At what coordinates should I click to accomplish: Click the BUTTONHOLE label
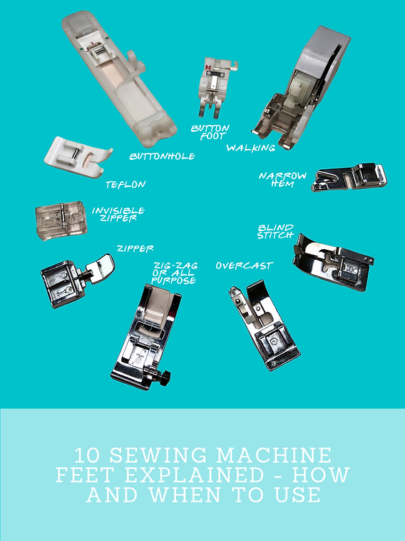162,156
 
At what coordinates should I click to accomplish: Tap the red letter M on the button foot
207,67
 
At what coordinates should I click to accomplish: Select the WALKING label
250,148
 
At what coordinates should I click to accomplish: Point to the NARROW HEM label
282,179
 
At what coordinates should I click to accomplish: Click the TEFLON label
125,185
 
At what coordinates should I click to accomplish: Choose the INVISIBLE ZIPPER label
118,214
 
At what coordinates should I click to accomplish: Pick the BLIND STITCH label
275,231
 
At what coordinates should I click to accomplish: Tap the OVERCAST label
245,266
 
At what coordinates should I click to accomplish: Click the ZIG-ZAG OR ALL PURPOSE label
175,273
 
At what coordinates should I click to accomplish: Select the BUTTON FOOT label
210,133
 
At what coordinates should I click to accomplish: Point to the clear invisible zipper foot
61,220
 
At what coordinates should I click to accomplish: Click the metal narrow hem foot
349,177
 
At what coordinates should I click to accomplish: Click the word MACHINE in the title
274,455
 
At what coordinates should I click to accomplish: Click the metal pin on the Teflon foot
73,153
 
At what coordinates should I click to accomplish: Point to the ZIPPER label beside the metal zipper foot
135,248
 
